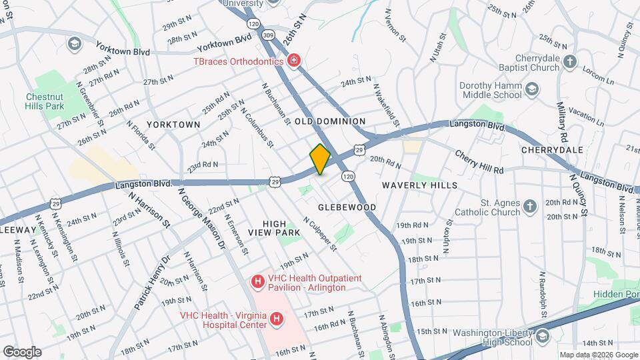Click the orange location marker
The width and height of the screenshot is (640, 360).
tap(320, 159)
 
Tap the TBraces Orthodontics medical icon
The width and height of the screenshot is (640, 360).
tap(294, 61)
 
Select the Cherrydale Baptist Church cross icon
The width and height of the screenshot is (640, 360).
tap(569, 62)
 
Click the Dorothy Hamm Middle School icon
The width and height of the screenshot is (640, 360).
tap(532, 89)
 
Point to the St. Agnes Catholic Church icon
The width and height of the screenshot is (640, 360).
tap(530, 207)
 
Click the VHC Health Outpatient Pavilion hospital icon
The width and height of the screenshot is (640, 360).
tap(257, 282)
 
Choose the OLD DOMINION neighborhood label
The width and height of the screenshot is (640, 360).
tap(330, 121)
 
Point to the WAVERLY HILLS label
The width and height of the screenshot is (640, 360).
tap(420, 185)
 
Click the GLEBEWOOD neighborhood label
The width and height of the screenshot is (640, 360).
tap(347, 207)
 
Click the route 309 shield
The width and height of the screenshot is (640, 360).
tap(268, 34)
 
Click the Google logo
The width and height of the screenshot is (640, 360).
tap(22, 352)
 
